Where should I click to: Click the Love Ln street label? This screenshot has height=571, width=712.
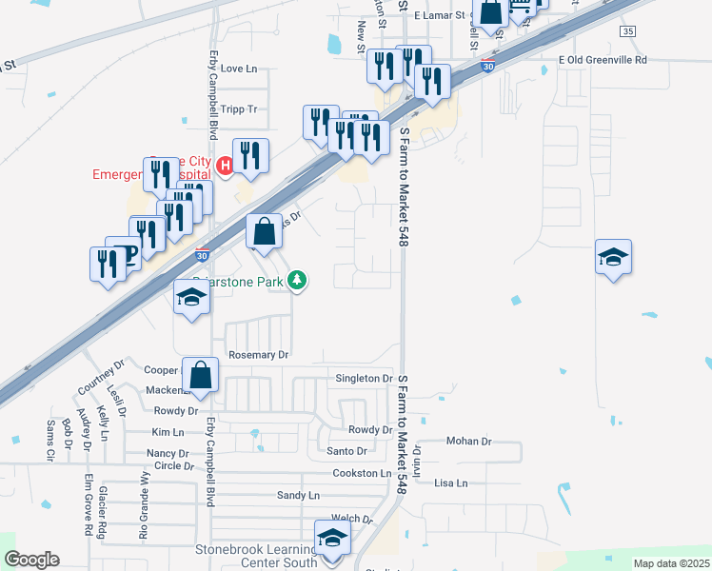239,69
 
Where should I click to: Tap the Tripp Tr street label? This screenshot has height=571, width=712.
239,109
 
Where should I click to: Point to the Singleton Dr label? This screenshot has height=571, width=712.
364,379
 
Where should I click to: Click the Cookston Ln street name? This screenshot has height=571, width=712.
362,473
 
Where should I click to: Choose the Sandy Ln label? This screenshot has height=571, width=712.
298,496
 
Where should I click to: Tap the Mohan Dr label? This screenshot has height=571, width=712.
469,442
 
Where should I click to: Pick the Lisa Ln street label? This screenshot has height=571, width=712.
451,483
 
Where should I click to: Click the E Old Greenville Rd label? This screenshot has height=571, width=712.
603,60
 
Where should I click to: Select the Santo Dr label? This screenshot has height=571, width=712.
346,451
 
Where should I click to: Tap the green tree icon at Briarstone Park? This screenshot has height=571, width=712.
298,280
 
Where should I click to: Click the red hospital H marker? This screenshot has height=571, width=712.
226,167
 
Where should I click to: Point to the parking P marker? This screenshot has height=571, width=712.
131,252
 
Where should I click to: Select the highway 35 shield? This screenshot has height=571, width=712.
626,31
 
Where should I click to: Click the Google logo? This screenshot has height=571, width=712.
31,560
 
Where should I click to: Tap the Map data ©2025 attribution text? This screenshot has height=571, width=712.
671,563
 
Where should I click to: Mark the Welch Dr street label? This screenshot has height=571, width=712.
351,519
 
